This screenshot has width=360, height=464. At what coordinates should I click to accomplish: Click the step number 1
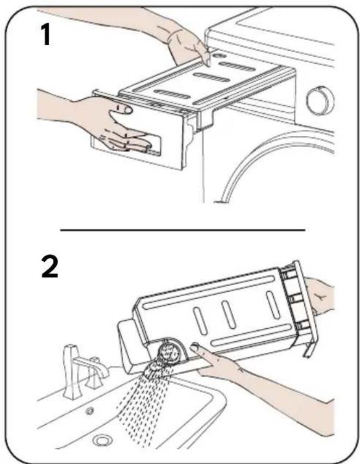46,35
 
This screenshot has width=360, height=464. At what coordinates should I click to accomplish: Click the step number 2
50,267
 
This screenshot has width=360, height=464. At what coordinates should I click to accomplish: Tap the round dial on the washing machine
320,100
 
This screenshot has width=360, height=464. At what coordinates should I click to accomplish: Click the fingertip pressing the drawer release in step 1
208,62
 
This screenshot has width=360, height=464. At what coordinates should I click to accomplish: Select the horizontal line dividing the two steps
183,230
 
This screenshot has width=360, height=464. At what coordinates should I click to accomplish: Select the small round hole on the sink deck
89,411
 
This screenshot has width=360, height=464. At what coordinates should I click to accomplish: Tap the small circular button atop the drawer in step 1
219,56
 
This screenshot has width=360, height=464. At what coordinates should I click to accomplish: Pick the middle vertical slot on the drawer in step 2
230,315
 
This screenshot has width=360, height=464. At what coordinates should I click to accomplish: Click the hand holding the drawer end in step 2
320,296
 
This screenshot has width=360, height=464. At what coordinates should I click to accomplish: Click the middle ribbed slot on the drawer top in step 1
212,77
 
